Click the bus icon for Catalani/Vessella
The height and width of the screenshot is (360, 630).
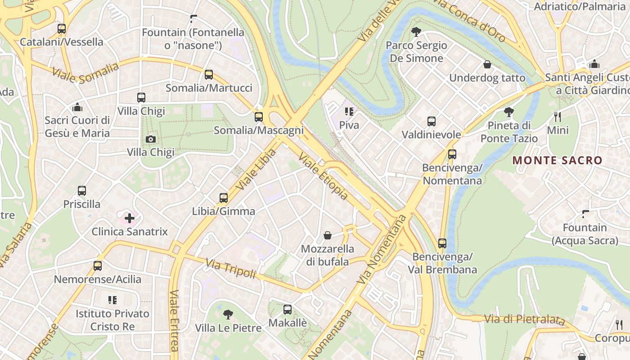[62, 29]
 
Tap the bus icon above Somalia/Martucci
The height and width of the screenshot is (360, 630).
[208, 75]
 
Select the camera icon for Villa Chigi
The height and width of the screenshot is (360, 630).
[151, 139]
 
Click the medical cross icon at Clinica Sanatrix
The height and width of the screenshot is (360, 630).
[130, 219]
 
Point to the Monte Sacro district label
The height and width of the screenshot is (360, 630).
[557, 160]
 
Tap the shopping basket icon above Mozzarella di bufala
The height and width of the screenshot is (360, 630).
[328, 235]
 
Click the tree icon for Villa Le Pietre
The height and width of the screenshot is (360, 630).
[228, 315]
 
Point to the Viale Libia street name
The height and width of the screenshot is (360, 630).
[255, 169]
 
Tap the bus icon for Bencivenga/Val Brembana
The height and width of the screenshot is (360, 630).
[442, 243]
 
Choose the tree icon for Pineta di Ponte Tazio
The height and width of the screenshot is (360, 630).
[509, 112]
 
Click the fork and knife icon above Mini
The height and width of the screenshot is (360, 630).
[558, 117]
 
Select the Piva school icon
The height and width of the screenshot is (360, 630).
[349, 112]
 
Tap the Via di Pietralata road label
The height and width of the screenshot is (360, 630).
[524, 319]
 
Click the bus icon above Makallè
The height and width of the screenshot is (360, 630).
[288, 310]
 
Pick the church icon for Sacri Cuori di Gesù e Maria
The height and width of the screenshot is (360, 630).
[77, 107]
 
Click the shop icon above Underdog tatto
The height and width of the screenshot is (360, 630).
[487, 65]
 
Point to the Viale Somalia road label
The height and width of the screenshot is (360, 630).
[85, 73]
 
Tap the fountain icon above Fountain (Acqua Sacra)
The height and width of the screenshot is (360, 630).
[585, 214]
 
